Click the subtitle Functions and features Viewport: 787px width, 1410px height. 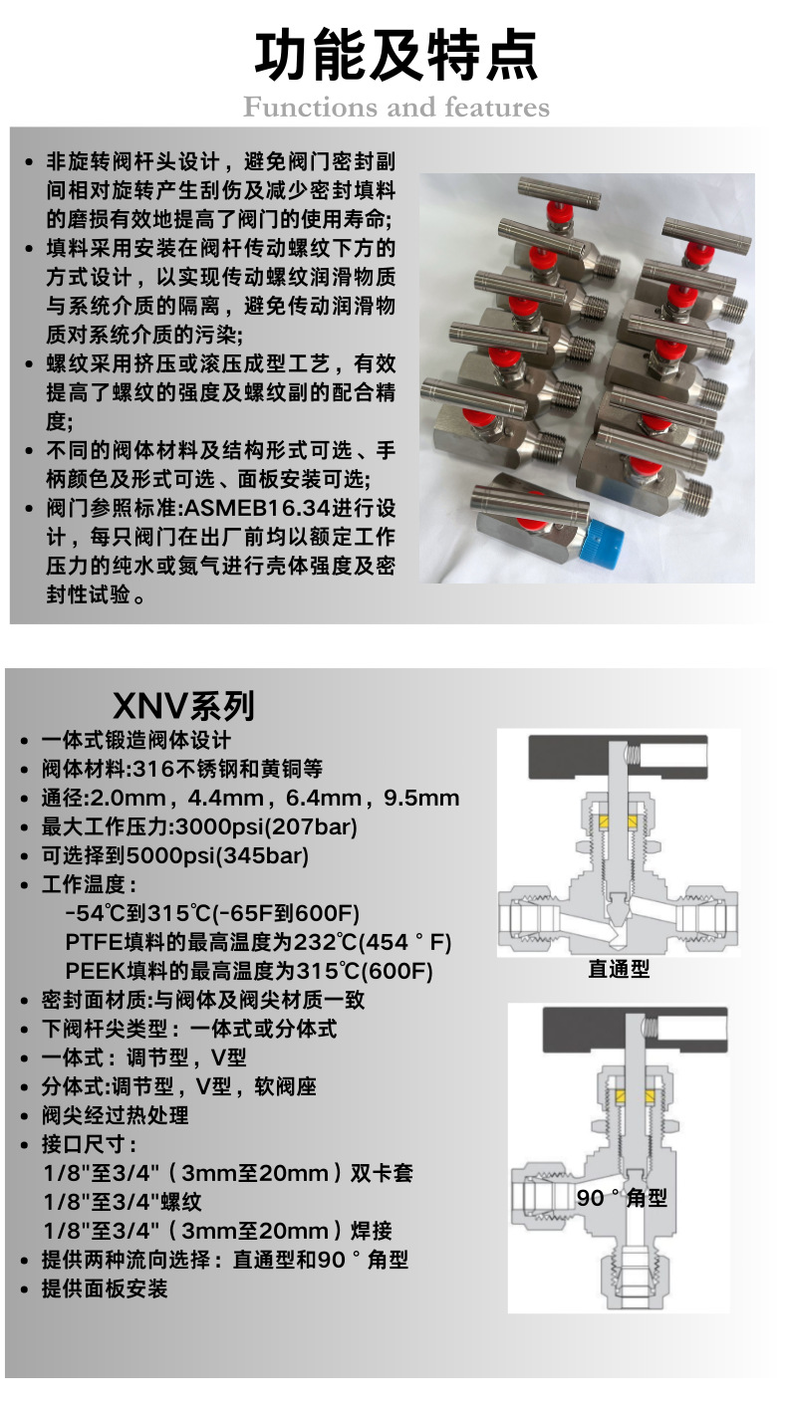pos(396,108)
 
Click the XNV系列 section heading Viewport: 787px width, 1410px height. pos(183,706)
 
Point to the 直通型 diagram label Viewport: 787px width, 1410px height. pos(618,969)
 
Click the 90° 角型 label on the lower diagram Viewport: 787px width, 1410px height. pos(622,1197)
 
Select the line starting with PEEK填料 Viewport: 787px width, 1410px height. pos(248,971)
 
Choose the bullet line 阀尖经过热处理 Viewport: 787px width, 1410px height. pos(115,1115)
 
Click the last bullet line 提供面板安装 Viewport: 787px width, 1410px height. pos(105,1289)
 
